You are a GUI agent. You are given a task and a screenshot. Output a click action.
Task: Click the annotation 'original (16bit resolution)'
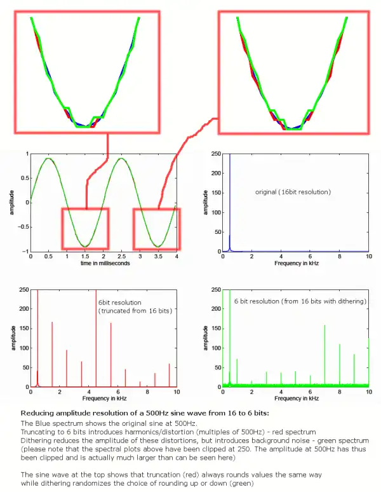pos(293,191)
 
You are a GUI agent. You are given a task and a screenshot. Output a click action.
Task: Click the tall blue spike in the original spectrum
pos(230,203)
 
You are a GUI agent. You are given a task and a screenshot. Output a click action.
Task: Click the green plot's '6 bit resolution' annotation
pos(300,301)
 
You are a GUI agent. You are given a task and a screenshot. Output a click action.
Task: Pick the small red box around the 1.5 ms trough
pos(85,229)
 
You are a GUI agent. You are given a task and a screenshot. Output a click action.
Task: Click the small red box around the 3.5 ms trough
pos(157,229)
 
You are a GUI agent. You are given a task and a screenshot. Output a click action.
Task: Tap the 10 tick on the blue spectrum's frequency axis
pos(368,257)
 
